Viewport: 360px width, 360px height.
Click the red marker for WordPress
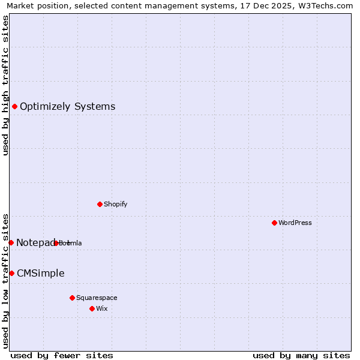(x=274, y=223)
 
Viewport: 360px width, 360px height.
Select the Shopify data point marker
(x=100, y=204)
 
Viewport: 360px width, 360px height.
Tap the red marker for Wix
(x=92, y=308)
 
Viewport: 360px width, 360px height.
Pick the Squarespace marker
(x=72, y=298)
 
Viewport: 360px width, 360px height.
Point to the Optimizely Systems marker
(x=14, y=107)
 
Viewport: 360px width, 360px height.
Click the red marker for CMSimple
(x=11, y=273)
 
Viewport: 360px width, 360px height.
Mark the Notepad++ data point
(x=11, y=242)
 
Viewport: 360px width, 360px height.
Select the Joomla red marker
(x=56, y=243)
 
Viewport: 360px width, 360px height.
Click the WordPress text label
(x=295, y=223)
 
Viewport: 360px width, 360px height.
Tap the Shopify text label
(x=115, y=204)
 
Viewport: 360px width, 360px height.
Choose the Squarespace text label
(x=97, y=298)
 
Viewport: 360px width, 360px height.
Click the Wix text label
(x=101, y=308)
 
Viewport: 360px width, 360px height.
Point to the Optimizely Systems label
(x=67, y=107)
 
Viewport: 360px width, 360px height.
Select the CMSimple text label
(x=40, y=274)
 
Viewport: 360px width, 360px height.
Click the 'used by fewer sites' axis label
(x=62, y=355)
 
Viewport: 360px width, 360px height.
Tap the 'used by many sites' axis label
(x=301, y=355)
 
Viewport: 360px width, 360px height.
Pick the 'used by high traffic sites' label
(x=5, y=85)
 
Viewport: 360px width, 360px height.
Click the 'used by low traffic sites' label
(x=5, y=280)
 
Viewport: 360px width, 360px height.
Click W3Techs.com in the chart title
(x=326, y=5)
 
